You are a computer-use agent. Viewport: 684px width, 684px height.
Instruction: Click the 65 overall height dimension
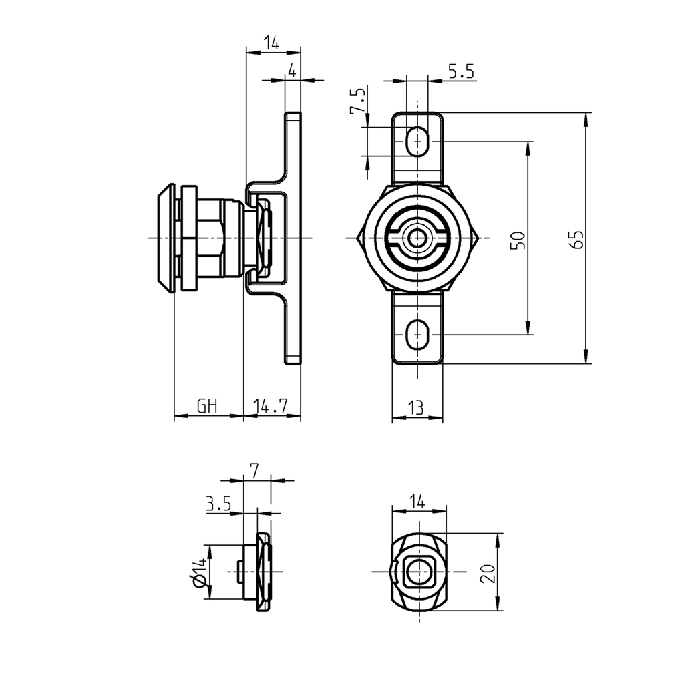point(579,239)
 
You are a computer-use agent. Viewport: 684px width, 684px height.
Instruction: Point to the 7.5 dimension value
point(359,100)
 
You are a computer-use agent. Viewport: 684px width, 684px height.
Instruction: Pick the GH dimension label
point(207,406)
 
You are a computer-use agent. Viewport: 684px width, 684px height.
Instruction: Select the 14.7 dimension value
point(270,406)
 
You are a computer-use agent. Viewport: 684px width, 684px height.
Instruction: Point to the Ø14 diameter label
point(198,574)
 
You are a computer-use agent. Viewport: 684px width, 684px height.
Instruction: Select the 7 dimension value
point(254,470)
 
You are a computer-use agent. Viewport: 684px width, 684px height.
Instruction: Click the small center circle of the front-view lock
point(418,238)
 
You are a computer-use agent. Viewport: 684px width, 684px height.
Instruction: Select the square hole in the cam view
point(418,572)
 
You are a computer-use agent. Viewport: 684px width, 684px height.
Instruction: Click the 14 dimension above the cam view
point(417,500)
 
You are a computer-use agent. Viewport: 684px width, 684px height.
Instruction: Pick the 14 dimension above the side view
point(271,43)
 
